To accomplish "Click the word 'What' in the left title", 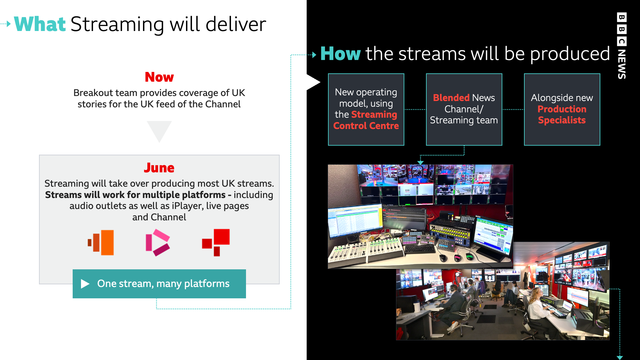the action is (x=40, y=24).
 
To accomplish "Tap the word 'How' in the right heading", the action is (x=340, y=53).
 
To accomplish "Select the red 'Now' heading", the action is (x=159, y=77).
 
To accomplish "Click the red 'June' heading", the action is (x=159, y=168).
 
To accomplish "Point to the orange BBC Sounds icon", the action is (x=101, y=242).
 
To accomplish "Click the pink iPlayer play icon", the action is (x=158, y=242).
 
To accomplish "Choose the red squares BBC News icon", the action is (x=216, y=242).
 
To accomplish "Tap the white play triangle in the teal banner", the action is (x=85, y=284).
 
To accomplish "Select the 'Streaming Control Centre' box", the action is (x=366, y=109).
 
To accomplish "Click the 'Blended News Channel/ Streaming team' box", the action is (x=464, y=109).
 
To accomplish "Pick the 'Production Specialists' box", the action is (x=562, y=109).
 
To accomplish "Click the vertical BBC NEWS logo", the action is (x=622, y=46).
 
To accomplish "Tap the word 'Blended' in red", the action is (x=451, y=98).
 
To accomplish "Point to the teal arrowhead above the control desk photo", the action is (x=421, y=162).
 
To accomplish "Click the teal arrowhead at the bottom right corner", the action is (x=620, y=357).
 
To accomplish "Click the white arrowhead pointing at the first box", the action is (x=313, y=82).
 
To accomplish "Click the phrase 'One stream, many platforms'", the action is (x=163, y=284).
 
